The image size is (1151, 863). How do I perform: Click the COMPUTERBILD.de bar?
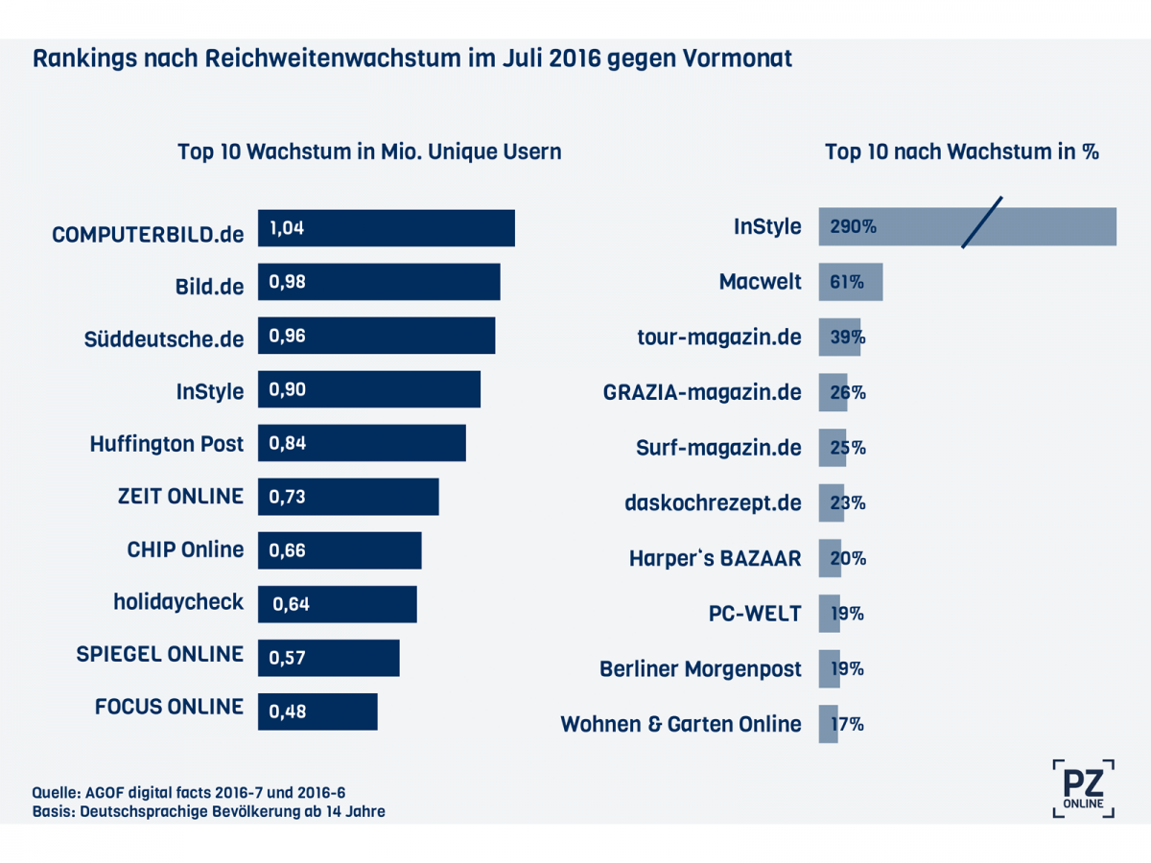387,228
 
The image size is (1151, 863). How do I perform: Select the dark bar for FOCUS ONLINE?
317,711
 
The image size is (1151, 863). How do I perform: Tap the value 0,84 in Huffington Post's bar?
287,443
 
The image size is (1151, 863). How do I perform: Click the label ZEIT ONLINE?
179,496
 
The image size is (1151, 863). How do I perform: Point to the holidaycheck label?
178,602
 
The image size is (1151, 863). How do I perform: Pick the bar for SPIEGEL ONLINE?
328,658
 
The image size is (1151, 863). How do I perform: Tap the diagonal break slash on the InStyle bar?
981,222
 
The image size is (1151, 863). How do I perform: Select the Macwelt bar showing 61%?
850,283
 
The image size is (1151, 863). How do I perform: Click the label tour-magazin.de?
718,338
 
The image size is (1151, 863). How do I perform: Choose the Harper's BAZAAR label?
715,558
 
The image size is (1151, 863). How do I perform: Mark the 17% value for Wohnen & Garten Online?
847,724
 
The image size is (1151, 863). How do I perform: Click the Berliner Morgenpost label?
700,669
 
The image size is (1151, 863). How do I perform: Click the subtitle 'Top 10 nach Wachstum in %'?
961,152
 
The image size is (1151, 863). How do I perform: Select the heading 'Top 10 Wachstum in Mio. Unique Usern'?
369,152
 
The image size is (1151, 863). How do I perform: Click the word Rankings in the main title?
84,58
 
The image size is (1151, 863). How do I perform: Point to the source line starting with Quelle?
189,793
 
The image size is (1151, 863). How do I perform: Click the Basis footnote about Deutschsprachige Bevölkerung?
209,812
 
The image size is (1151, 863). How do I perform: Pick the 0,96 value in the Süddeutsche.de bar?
287,336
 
